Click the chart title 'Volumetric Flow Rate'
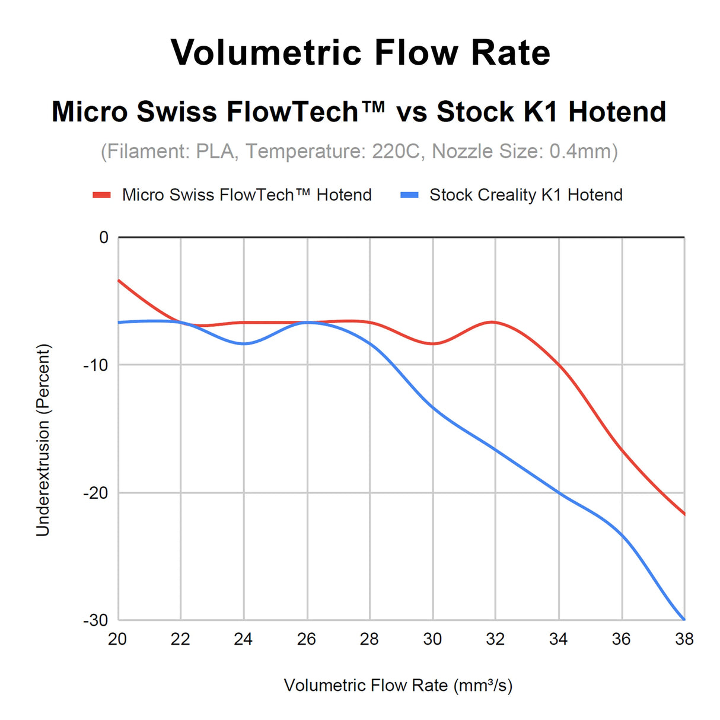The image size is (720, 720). [360, 53]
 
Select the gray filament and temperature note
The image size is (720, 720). [359, 151]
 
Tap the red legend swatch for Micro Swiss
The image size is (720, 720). [102, 195]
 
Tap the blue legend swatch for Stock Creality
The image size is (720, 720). [409, 195]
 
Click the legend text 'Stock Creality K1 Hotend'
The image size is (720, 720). [525, 195]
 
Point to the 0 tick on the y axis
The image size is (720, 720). [104, 238]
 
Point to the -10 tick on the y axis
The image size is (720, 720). [95, 365]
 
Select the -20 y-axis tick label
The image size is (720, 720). [95, 493]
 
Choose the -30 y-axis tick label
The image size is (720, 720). [95, 620]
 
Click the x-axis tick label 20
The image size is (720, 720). [117, 639]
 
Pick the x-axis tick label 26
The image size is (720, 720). [307, 639]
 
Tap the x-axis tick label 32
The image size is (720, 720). [495, 639]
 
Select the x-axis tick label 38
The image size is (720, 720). [684, 639]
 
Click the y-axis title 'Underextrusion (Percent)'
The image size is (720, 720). [43, 440]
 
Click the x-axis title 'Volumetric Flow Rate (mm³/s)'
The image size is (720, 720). [398, 686]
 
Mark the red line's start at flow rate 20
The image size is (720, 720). [119, 280]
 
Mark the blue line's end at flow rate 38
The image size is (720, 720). [684, 619]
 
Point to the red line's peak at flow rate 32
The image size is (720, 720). [493, 322]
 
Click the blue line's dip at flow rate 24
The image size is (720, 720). [244, 343]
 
